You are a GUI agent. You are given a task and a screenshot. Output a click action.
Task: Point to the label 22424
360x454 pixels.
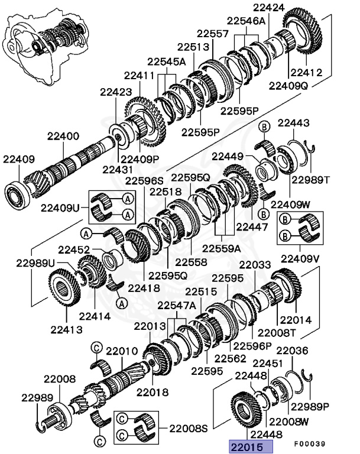(269, 8)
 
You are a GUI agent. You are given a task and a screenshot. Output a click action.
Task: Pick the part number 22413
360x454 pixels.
(66, 329)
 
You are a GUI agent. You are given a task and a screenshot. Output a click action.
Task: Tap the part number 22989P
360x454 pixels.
(313, 407)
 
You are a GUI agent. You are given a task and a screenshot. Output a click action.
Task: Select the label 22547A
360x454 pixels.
(176, 305)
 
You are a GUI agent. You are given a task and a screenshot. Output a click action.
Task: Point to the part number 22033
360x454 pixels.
(256, 265)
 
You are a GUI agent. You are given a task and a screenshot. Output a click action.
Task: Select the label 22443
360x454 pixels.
(294, 123)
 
